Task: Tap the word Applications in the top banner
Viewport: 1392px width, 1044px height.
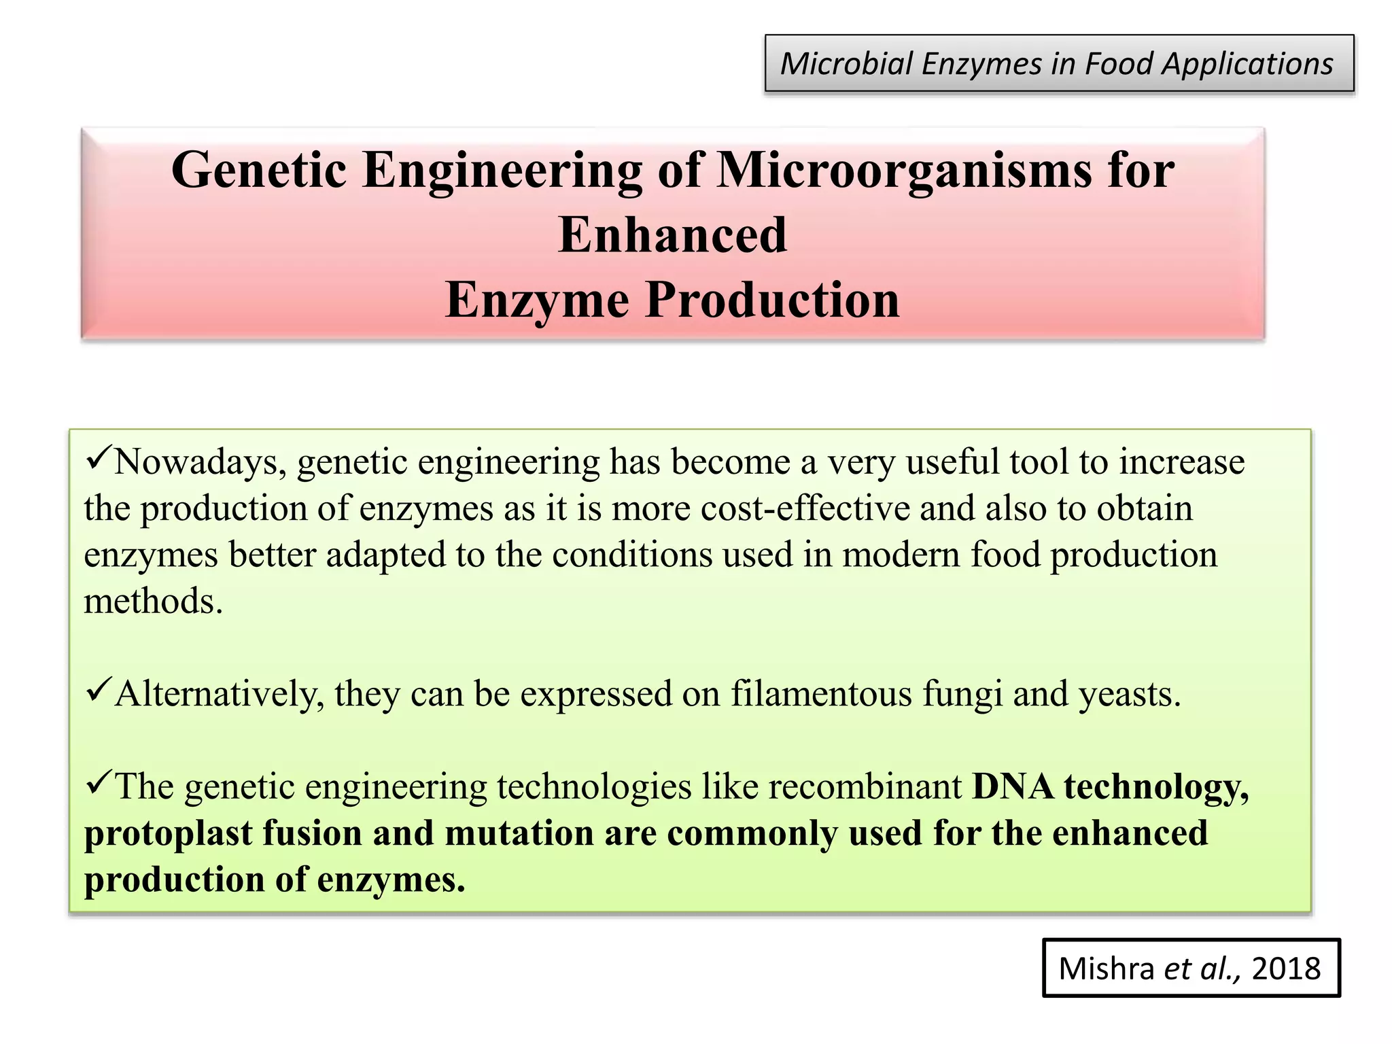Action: (1247, 64)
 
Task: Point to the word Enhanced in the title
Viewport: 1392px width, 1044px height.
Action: (672, 234)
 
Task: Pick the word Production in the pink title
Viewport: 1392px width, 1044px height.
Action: (772, 300)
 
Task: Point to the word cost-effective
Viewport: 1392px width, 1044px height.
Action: (805, 509)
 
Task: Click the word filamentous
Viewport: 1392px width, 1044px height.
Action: (821, 695)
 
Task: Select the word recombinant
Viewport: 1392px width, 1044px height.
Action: (865, 787)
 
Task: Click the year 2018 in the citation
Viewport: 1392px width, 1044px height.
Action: (1286, 968)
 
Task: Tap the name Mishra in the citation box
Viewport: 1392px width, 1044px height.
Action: (1106, 968)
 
